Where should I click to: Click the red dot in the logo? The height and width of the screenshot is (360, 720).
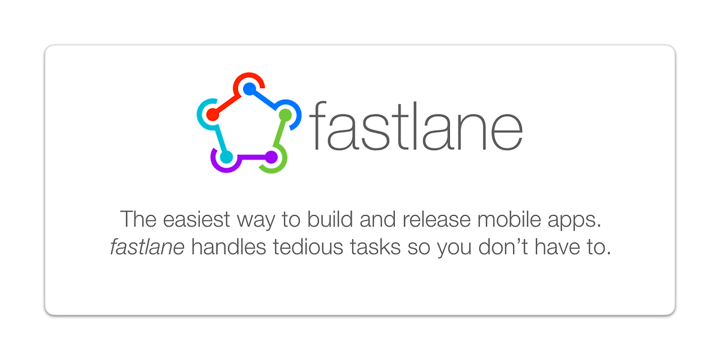coord(212,114)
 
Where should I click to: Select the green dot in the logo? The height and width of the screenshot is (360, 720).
coord(286,114)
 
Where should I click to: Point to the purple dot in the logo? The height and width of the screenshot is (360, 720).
coord(271,157)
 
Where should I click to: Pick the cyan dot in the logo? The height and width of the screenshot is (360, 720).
coord(226,157)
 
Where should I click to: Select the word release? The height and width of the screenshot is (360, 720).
coord(438,220)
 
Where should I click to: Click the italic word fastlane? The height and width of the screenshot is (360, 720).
coord(147,247)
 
